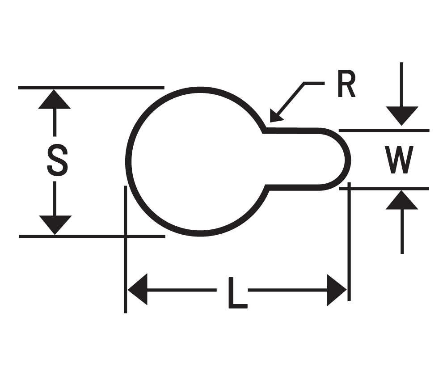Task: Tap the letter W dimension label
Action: [x=399, y=160]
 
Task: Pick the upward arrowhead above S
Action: [x=55, y=99]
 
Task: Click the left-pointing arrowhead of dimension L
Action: [x=137, y=290]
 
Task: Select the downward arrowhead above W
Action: [x=402, y=115]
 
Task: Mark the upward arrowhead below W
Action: [x=402, y=200]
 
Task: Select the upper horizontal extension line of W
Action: [x=384, y=131]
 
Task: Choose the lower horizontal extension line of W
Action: [x=384, y=189]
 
